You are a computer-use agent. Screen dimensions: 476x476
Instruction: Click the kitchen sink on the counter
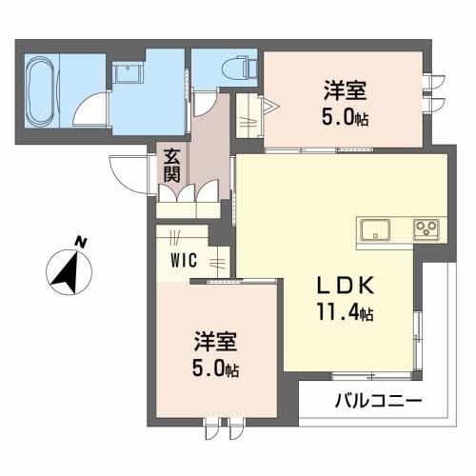click(x=375, y=229)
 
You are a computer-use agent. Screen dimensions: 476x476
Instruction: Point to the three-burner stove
click(x=425, y=229)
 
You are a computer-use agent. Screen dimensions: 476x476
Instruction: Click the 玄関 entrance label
click(x=170, y=166)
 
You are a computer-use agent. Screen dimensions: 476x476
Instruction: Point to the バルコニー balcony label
click(x=378, y=400)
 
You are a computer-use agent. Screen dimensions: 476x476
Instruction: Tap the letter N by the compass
click(x=83, y=241)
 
